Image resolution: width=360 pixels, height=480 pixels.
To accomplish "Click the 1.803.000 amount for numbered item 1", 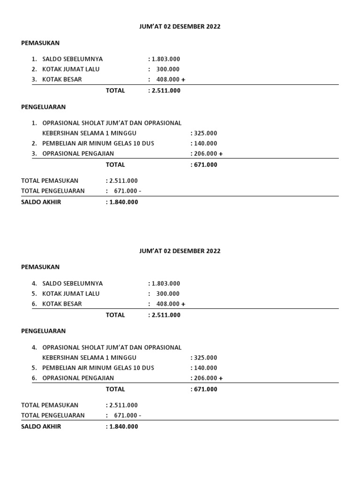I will pos(165,59).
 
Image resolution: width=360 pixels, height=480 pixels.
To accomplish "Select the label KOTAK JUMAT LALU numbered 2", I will pos(71,69).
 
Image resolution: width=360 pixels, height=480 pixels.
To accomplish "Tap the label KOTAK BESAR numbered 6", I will pos(62,304).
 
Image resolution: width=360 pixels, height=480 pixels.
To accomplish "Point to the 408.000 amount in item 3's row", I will pos(168,80).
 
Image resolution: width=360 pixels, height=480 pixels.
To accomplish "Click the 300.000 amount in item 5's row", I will pos(168,294).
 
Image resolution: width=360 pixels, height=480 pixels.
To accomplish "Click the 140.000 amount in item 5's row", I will pos(205,368).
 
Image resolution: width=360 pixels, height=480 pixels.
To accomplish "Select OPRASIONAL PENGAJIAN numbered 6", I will pos(78,378).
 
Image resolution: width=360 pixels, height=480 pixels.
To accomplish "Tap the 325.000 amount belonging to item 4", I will pos(205,358).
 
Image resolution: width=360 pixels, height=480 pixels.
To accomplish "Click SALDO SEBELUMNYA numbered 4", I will pos(72,284).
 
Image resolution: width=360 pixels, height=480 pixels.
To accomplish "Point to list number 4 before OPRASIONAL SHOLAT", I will pos(34,348).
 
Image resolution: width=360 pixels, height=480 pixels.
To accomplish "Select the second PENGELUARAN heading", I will pos(44,331).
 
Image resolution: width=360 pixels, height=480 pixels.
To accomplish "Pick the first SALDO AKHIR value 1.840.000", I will pos(123,202).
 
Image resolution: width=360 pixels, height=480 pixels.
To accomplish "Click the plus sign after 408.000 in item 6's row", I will pos(183,304).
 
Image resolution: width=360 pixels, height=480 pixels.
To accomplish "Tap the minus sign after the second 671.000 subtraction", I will pos(140,415).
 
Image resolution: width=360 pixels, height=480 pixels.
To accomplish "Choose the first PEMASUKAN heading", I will pos(40,43).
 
